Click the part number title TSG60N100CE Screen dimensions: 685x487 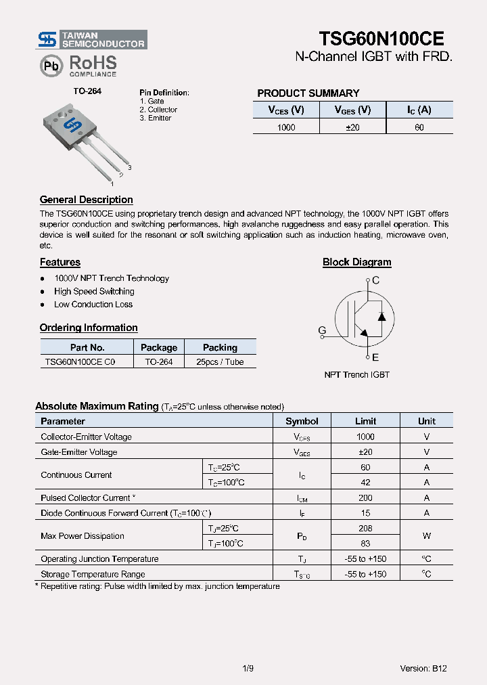tap(381, 39)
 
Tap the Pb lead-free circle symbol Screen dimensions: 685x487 tap(51, 66)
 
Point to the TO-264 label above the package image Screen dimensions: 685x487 tap(87, 91)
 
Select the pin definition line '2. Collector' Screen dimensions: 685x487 tap(158, 110)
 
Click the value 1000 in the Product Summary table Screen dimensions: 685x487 tap(286, 127)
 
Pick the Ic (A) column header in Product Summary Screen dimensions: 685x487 tap(419, 110)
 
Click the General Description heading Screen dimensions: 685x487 tap(86, 200)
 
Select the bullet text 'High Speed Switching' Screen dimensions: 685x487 tap(94, 291)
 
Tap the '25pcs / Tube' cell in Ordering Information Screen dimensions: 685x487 tap(220, 362)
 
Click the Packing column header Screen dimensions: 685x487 tap(220, 347)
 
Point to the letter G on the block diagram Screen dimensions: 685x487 tap(322, 331)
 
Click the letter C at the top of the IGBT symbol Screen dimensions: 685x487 tap(376, 280)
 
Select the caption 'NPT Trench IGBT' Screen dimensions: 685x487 tap(356, 375)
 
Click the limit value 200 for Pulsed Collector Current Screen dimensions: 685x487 tap(365, 498)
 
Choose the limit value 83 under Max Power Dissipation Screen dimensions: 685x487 tap(365, 544)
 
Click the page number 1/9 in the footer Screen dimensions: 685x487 tap(248, 668)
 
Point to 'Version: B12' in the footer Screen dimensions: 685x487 tap(423, 668)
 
